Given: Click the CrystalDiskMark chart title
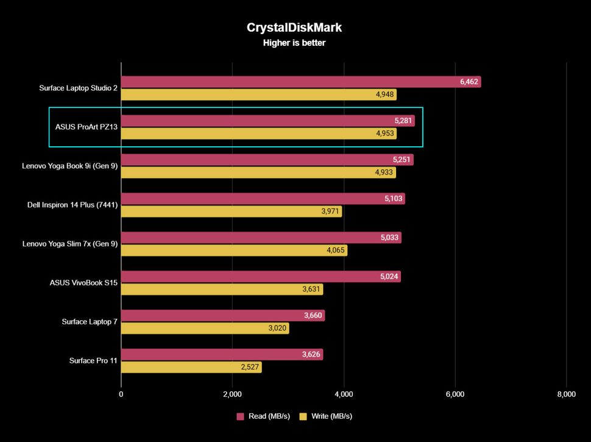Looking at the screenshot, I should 294,27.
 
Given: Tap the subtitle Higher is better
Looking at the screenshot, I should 294,43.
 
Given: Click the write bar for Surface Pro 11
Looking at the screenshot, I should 191,367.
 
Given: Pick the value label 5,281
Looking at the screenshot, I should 403,121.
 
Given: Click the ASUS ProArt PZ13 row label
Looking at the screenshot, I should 86,127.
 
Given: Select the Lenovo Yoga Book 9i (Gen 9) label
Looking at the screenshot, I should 70,166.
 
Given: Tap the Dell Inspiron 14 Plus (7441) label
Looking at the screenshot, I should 73,205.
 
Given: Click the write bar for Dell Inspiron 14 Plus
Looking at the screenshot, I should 232,212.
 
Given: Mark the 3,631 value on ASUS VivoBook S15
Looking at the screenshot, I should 311,290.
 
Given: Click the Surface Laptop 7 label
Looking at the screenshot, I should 90,321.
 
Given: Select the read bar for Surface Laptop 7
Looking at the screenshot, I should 223,315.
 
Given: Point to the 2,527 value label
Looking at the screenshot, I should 249,368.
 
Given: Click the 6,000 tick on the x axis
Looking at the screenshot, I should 455,394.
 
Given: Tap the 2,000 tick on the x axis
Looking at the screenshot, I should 232,394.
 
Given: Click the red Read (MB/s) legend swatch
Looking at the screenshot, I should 241,416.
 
